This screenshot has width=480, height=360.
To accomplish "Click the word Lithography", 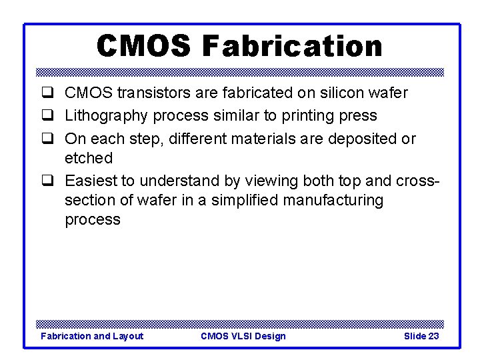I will [x=106, y=115].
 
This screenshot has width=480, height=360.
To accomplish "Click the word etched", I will [x=89, y=158].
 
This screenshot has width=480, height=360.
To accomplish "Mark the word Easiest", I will [x=91, y=180].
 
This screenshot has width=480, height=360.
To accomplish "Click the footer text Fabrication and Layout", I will [x=92, y=336].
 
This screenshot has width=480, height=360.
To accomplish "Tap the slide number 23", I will [x=433, y=336].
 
